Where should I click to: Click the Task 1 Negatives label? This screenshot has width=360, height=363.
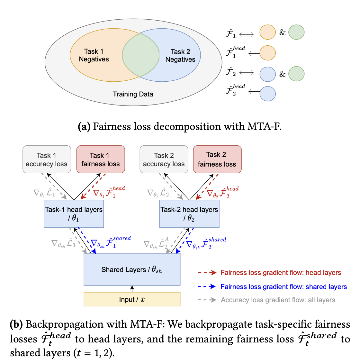pyautogui.click(x=94, y=55)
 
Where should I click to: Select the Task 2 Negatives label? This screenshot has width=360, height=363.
pyautogui.click(x=180, y=56)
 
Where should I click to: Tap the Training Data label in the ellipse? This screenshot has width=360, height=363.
pyautogui.click(x=133, y=94)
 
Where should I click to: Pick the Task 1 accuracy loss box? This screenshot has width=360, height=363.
pyautogui.click(x=47, y=159)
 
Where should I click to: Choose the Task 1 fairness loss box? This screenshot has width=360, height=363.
pyautogui.click(x=100, y=159)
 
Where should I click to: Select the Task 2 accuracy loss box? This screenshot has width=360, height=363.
pyautogui.click(x=164, y=159)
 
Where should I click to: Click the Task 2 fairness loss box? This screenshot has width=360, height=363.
pyautogui.click(x=217, y=159)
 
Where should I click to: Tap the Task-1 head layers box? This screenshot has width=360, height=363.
pyautogui.click(x=74, y=214)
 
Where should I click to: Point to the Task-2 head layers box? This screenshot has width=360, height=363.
pyautogui.click(x=189, y=214)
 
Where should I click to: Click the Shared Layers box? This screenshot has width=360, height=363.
pyautogui.click(x=132, y=269)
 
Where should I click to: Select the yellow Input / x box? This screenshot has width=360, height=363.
pyautogui.click(x=132, y=299)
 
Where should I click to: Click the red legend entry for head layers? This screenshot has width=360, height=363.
pyautogui.click(x=280, y=273)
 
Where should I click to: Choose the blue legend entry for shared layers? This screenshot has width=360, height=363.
pyautogui.click(x=283, y=287)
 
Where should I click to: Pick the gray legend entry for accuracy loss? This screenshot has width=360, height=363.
pyautogui.click(x=278, y=300)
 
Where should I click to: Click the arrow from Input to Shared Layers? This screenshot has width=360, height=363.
pyautogui.click(x=132, y=289)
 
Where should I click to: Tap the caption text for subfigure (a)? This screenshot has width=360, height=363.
pyautogui.click(x=180, y=126)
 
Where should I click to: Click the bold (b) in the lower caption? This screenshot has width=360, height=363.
pyautogui.click(x=16, y=324)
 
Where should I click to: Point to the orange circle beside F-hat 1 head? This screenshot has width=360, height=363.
pyautogui.click(x=267, y=53)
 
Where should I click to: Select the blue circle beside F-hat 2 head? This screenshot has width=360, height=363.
pyautogui.click(x=267, y=94)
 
